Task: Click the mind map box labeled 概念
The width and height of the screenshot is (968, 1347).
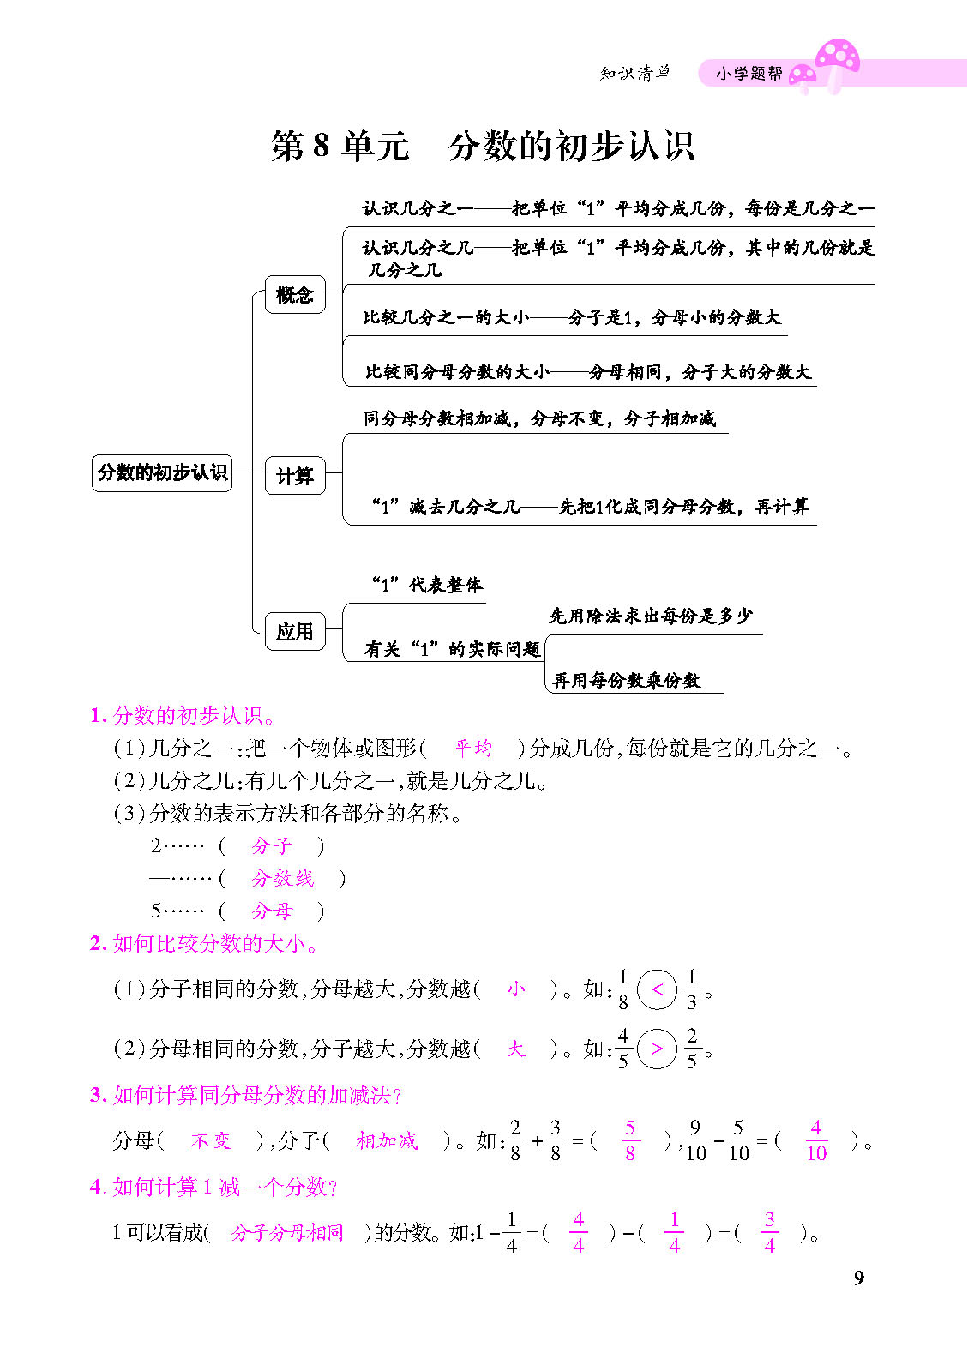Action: click(x=295, y=295)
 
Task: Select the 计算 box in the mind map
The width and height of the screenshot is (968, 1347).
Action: click(x=295, y=476)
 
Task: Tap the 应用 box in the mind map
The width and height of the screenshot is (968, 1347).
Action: click(x=295, y=632)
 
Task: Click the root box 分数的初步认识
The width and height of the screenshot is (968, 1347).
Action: click(x=162, y=472)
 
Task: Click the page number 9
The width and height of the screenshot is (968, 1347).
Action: click(x=859, y=1278)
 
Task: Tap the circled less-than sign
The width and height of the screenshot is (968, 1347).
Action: click(x=658, y=989)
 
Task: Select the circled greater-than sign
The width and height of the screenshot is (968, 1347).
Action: click(x=658, y=1049)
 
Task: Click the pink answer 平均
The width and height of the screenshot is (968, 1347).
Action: click(x=472, y=748)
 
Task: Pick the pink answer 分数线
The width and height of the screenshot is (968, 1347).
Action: click(x=282, y=878)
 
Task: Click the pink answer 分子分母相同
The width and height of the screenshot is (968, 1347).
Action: click(x=287, y=1233)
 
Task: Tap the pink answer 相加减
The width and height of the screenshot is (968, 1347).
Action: click(x=387, y=1140)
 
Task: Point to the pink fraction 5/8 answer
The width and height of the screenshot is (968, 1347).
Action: click(x=630, y=1140)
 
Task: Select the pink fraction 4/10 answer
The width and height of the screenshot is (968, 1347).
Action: click(x=816, y=1140)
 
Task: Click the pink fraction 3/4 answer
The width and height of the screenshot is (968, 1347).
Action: click(x=769, y=1233)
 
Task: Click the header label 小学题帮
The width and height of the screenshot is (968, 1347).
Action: click(x=749, y=74)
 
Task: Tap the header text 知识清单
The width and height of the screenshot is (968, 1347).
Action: click(x=635, y=74)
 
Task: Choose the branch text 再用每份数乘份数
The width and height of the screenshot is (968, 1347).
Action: click(x=627, y=680)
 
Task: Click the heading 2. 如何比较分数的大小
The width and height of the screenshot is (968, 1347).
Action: click(x=205, y=943)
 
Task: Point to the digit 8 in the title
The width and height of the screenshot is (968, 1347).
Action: click(x=321, y=147)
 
